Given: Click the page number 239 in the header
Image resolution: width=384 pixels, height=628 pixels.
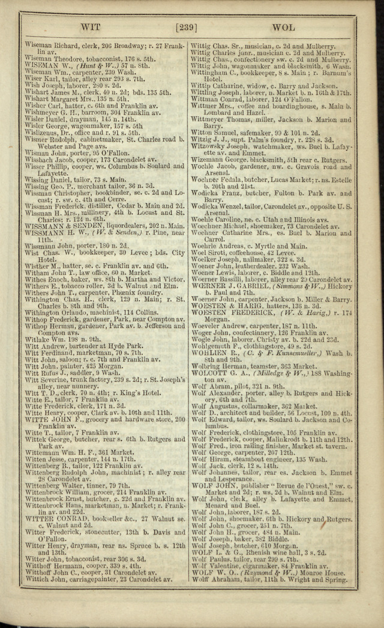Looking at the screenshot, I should tap(191, 27).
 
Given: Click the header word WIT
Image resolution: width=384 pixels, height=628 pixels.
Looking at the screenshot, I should tap(91, 27).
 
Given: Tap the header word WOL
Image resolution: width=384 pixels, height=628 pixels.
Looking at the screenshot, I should tap(283, 28).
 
